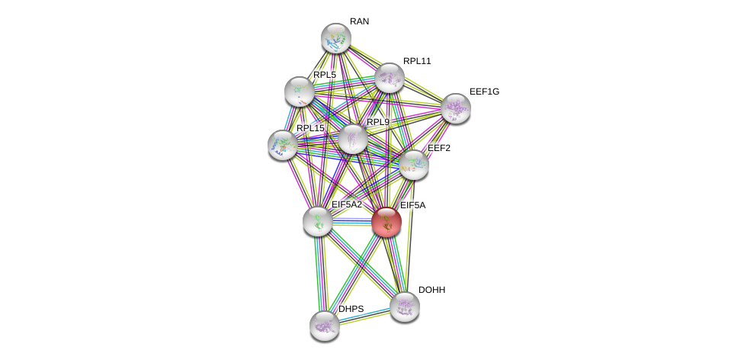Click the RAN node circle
[335, 38]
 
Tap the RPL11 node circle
[389, 78]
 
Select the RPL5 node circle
[300, 92]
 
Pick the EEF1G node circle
[455, 108]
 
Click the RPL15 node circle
[283, 145]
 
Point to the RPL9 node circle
[352, 140]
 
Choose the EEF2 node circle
[413, 165]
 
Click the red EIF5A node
[386, 222]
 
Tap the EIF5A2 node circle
[318, 221]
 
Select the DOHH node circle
[404, 307]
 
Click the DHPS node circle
[324, 326]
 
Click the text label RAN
[359, 21]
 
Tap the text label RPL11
[417, 61]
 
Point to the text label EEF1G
[484, 92]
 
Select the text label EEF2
[439, 148]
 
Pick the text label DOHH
[431, 290]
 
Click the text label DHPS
[351, 309]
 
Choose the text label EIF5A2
[346, 204]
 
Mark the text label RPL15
[310, 128]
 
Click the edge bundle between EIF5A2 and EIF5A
[352, 222]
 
